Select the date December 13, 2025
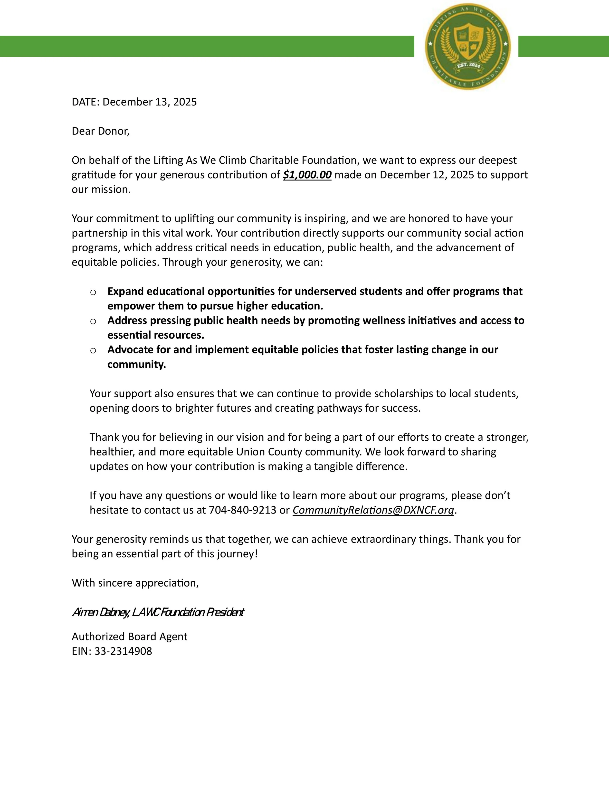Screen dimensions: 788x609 pyautogui.click(x=149, y=102)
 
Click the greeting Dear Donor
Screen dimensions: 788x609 pyautogui.click(x=100, y=131)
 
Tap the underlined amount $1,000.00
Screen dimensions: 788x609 pyautogui.click(x=307, y=175)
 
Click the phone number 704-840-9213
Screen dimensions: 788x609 pyautogui.click(x=242, y=510)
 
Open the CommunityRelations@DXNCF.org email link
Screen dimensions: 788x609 pyautogui.click(x=373, y=510)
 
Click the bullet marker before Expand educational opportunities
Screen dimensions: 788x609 pyautogui.click(x=93, y=292)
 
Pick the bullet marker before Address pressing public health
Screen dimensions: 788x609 pyautogui.click(x=93, y=321)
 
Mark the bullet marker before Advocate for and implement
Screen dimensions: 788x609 pyautogui.click(x=93, y=350)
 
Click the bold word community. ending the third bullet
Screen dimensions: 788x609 pyautogui.click(x=136, y=365)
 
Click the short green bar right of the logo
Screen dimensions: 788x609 pyautogui.click(x=563, y=46)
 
